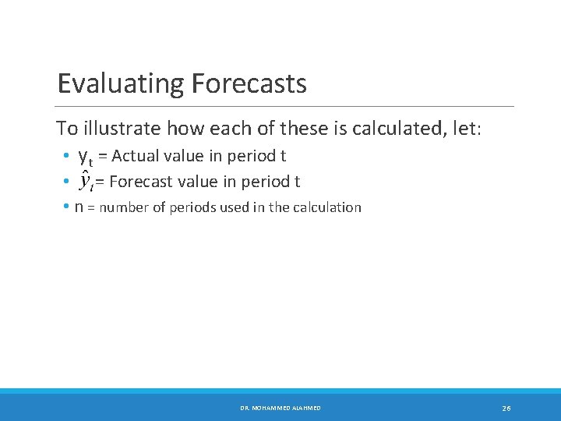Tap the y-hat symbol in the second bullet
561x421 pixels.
coord(86,182)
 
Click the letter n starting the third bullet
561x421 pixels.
coord(79,207)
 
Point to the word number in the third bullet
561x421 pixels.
coord(121,207)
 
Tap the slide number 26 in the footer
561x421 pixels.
coord(506,408)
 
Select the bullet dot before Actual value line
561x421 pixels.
coord(67,157)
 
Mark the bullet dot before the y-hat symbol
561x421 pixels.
coord(67,182)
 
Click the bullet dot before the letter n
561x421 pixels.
coord(67,207)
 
